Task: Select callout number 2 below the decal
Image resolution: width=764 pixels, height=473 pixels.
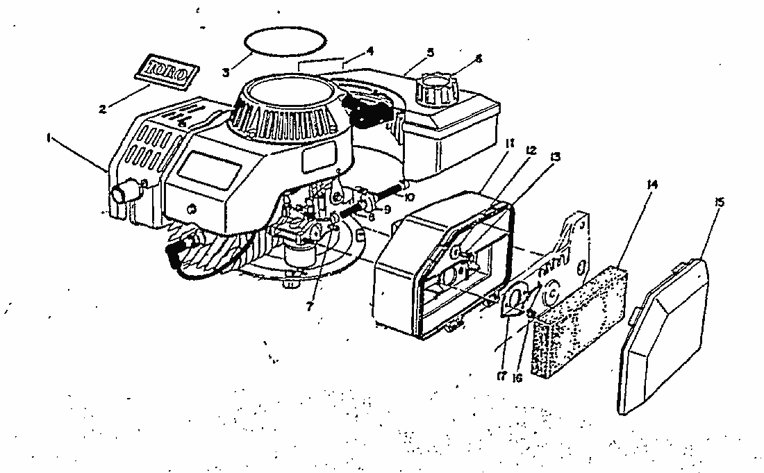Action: click(103, 108)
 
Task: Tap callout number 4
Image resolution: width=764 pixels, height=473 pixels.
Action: click(370, 50)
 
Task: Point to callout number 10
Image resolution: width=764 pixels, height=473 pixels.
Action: click(410, 197)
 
